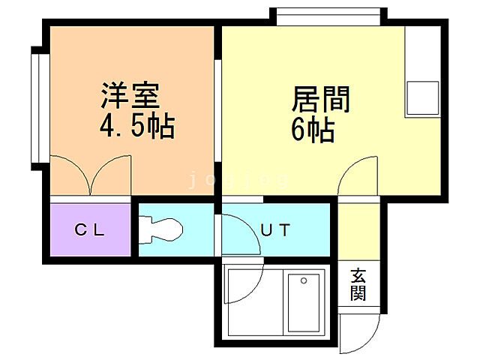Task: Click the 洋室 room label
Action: click(x=130, y=97)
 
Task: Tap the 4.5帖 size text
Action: click(x=137, y=127)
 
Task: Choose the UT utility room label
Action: click(x=275, y=230)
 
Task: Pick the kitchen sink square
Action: click(x=421, y=97)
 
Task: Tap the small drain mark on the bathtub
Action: click(x=304, y=281)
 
